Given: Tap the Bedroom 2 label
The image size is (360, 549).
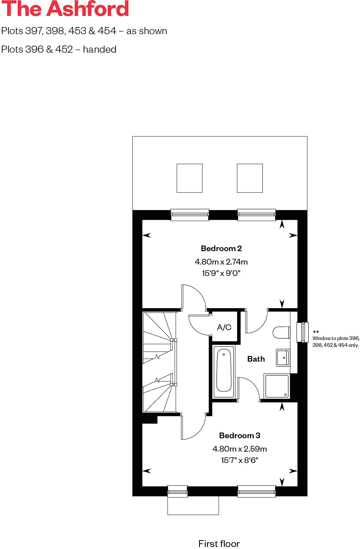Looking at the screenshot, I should [221, 249].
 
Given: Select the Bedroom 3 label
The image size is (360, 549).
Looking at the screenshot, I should [240, 435].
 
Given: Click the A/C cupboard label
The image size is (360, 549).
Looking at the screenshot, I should [224, 327].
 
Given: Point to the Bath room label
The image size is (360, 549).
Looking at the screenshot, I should [256, 359].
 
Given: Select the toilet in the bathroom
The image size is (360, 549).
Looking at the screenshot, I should [281, 332].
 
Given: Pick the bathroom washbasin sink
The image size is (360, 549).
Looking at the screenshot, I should [283, 358].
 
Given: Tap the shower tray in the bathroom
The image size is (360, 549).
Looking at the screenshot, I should [277, 386].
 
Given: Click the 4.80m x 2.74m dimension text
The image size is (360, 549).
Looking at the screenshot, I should [221, 262].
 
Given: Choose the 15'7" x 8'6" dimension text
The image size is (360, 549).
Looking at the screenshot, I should [240, 460].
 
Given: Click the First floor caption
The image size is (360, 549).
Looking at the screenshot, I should [219, 544].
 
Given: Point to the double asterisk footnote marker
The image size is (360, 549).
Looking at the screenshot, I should [316, 332].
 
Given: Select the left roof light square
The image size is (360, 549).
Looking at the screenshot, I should [189, 178].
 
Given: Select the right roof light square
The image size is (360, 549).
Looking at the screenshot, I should [250, 178].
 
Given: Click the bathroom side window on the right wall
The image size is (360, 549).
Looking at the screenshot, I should [302, 332].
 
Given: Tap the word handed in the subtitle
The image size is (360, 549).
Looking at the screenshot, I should [100, 49].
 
